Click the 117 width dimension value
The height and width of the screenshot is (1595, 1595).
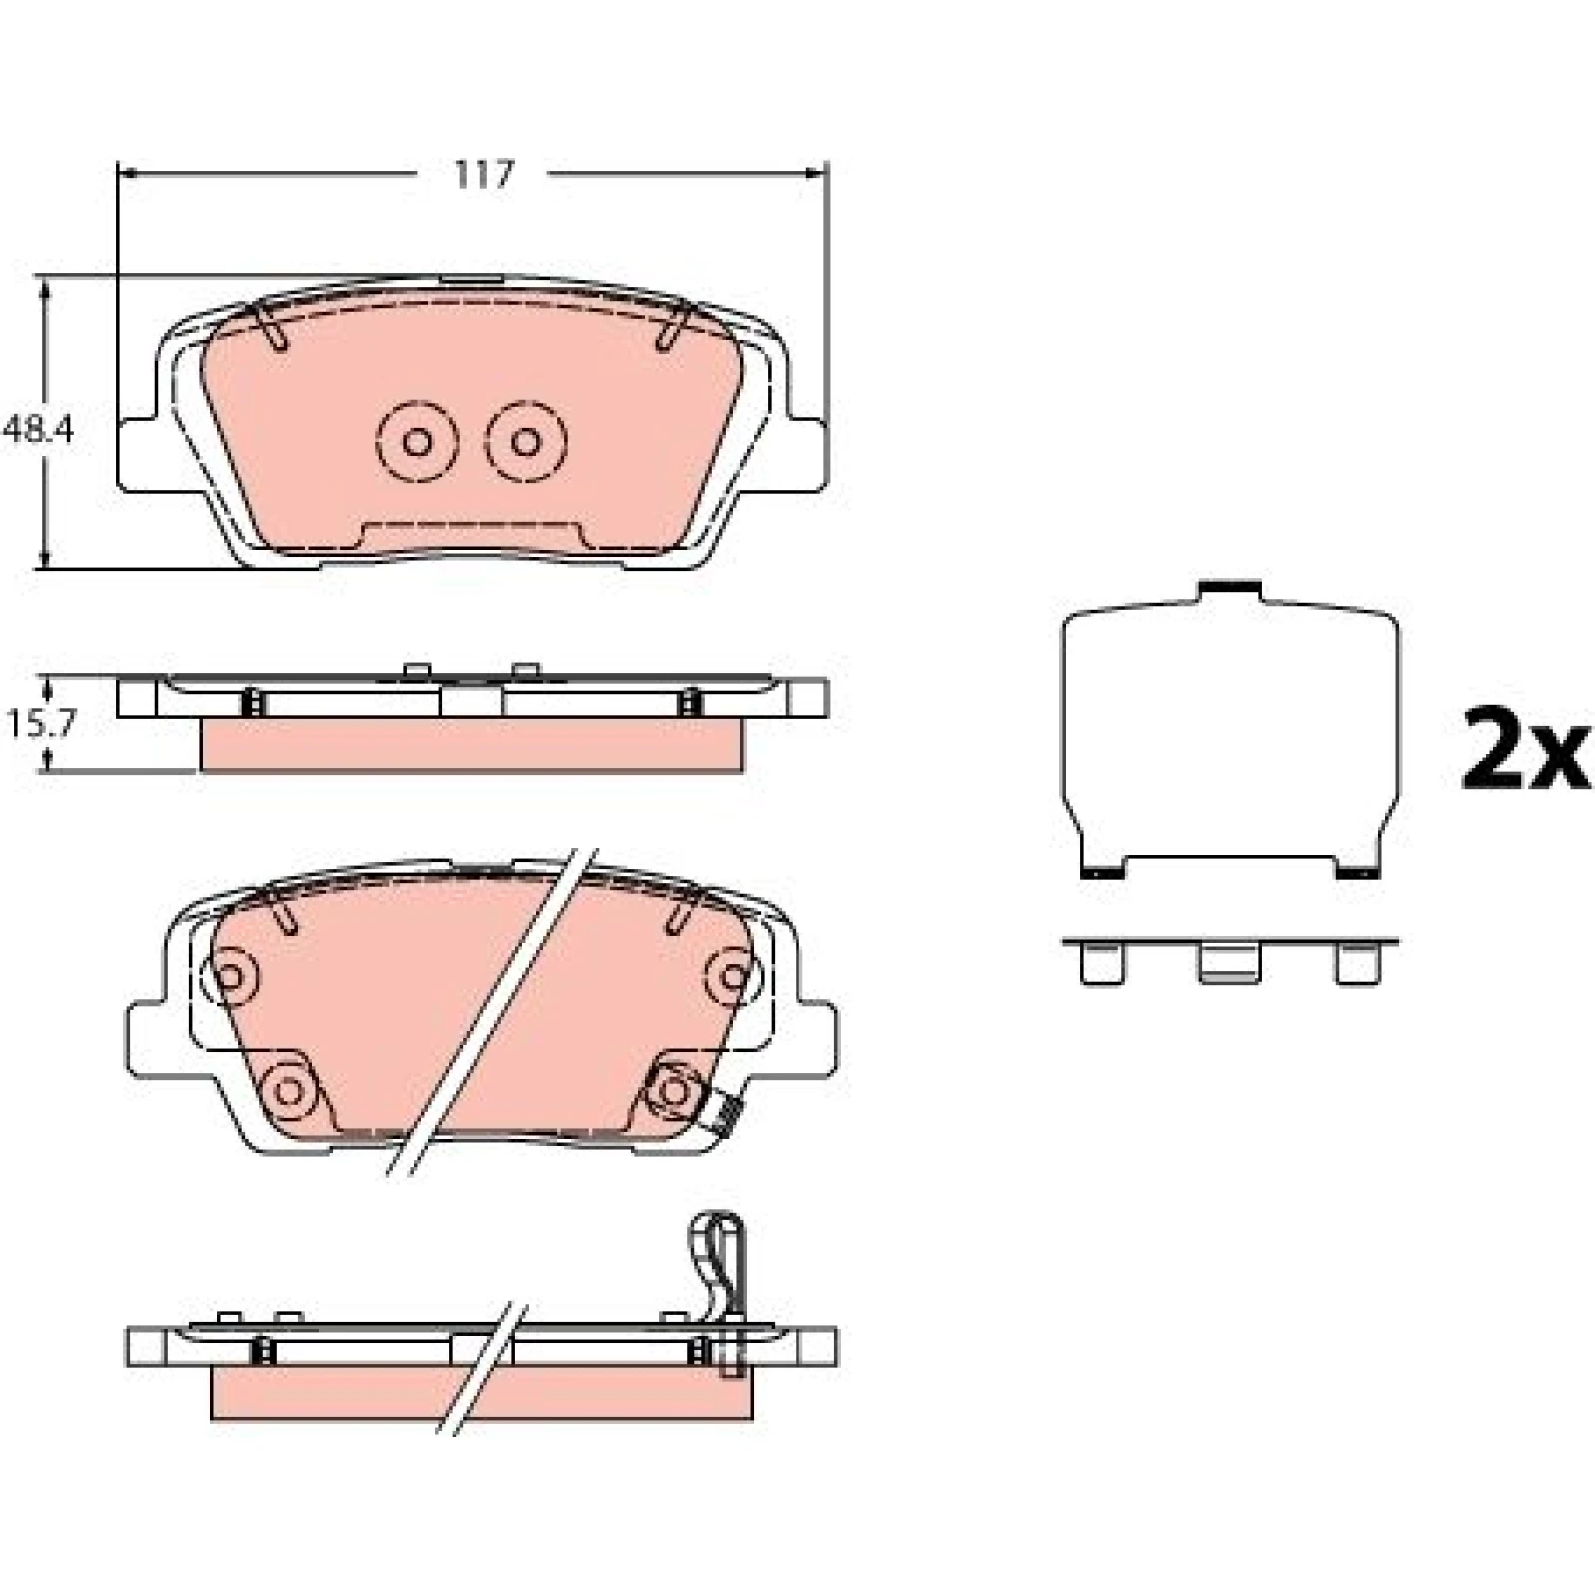pyautogui.click(x=483, y=175)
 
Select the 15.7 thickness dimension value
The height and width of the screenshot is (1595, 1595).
pyautogui.click(x=40, y=724)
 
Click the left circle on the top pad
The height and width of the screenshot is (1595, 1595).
pyautogui.click(x=417, y=441)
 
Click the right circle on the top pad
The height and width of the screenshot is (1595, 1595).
pyautogui.click(x=526, y=441)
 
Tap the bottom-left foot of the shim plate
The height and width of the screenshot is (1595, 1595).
pyautogui.click(x=1103, y=868)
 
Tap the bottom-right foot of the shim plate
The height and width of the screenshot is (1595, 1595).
pyautogui.click(x=1358, y=868)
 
